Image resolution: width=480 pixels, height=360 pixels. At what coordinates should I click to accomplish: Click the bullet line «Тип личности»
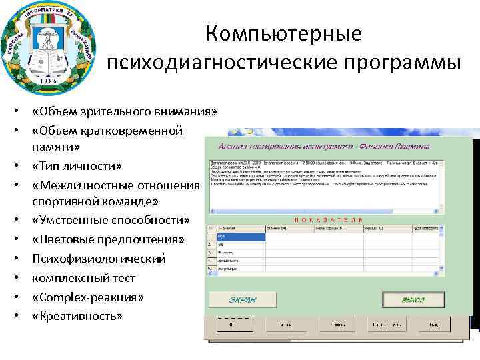(x=77, y=165)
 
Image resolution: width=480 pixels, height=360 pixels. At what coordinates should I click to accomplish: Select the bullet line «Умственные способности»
(x=111, y=220)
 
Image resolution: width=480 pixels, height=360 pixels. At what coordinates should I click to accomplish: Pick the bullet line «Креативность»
(x=77, y=315)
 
